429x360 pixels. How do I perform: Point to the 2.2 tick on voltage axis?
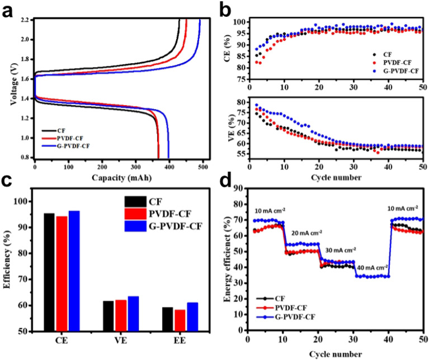click(26, 20)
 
